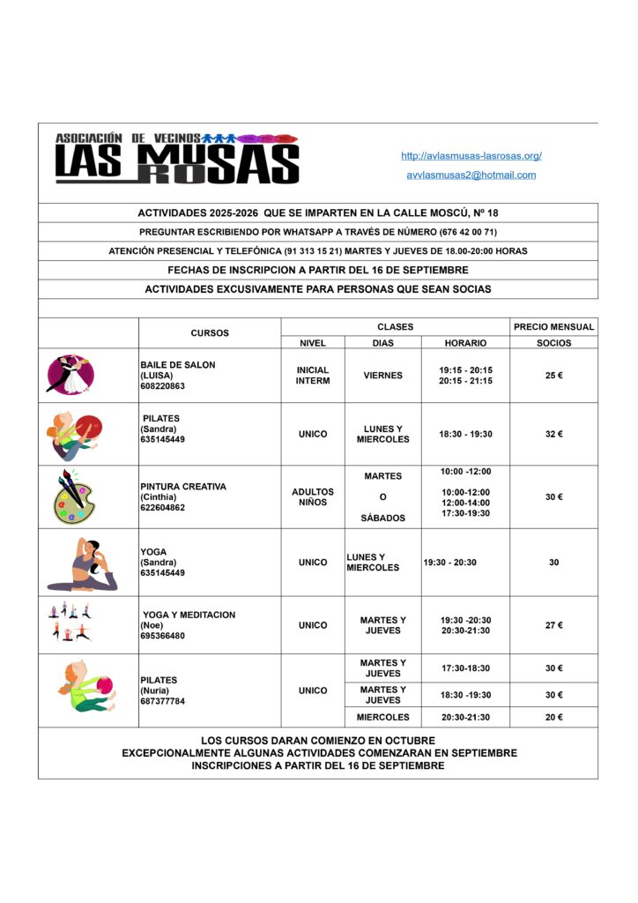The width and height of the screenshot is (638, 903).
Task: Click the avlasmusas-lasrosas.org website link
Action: click(x=471, y=156)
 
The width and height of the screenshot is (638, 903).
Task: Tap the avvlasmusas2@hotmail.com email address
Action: click(x=471, y=175)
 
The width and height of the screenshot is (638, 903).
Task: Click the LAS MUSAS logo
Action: click(x=177, y=159)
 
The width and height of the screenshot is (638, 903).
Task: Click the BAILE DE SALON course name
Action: click(x=177, y=364)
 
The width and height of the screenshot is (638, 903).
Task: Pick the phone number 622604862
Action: click(x=163, y=508)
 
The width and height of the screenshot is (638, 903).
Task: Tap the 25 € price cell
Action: click(x=553, y=376)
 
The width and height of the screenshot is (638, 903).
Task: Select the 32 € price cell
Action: click(x=553, y=434)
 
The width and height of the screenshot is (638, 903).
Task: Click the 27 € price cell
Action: click(x=553, y=625)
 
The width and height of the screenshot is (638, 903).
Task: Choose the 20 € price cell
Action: click(x=553, y=717)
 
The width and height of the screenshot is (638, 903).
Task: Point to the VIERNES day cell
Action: click(x=382, y=376)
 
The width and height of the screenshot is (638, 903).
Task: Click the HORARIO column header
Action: click(x=465, y=343)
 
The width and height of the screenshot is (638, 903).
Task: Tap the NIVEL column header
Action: click(x=312, y=343)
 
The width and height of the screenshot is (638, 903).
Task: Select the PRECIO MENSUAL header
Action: click(x=553, y=326)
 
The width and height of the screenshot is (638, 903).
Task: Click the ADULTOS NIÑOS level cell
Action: click(x=312, y=497)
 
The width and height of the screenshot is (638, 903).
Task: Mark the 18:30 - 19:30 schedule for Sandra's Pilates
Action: click(x=465, y=434)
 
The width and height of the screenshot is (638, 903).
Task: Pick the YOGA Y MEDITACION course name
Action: click(x=189, y=615)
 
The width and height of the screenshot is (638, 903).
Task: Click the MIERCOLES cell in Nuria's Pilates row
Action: click(x=382, y=717)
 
